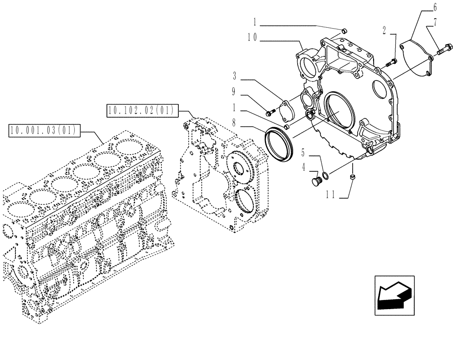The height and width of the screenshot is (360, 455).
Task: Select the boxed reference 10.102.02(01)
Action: point(143,110)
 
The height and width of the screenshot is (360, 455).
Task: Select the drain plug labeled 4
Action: point(314,182)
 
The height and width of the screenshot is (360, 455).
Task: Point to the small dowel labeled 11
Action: point(352,177)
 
